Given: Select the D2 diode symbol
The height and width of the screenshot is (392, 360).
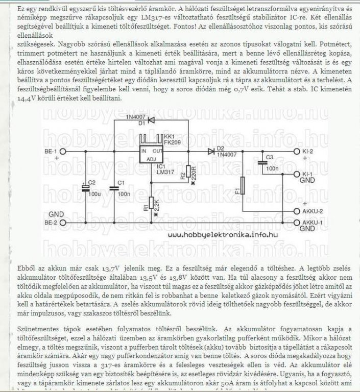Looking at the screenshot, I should (x=211, y=152).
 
